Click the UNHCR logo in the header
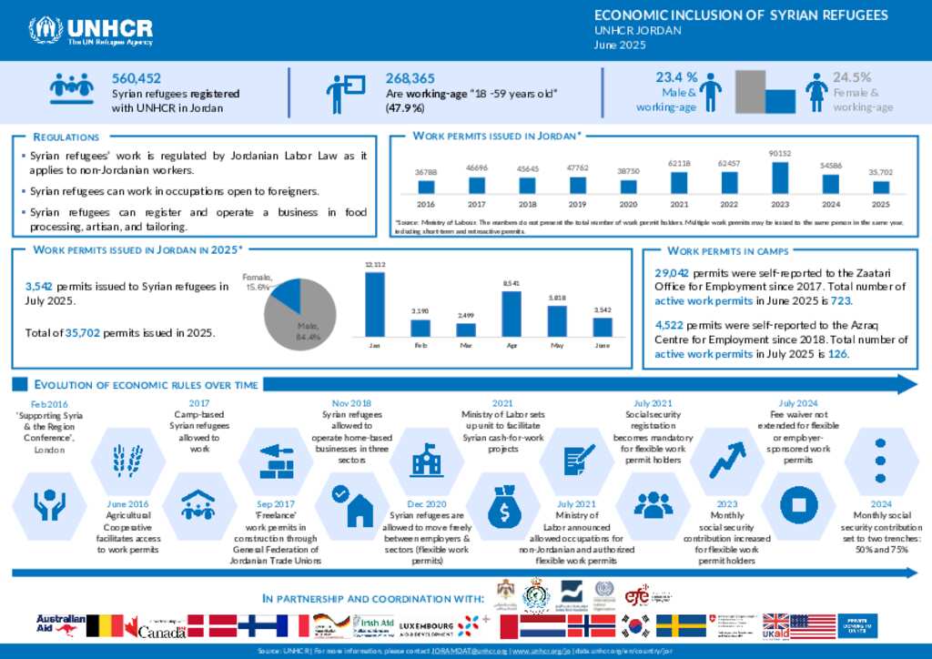[x=91, y=30]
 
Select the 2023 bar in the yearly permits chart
[x=779, y=177]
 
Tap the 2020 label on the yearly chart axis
[x=628, y=205]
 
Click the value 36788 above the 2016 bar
[x=425, y=171]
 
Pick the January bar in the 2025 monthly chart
[x=374, y=304]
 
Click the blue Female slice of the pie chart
[x=287, y=294]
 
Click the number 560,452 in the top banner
[x=137, y=79]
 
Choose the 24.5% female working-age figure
[x=852, y=77]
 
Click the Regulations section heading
[x=66, y=137]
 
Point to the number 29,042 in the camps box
[x=674, y=273]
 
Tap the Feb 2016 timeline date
[x=50, y=404]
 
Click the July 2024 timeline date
[x=797, y=404]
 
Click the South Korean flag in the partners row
[x=636, y=626]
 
